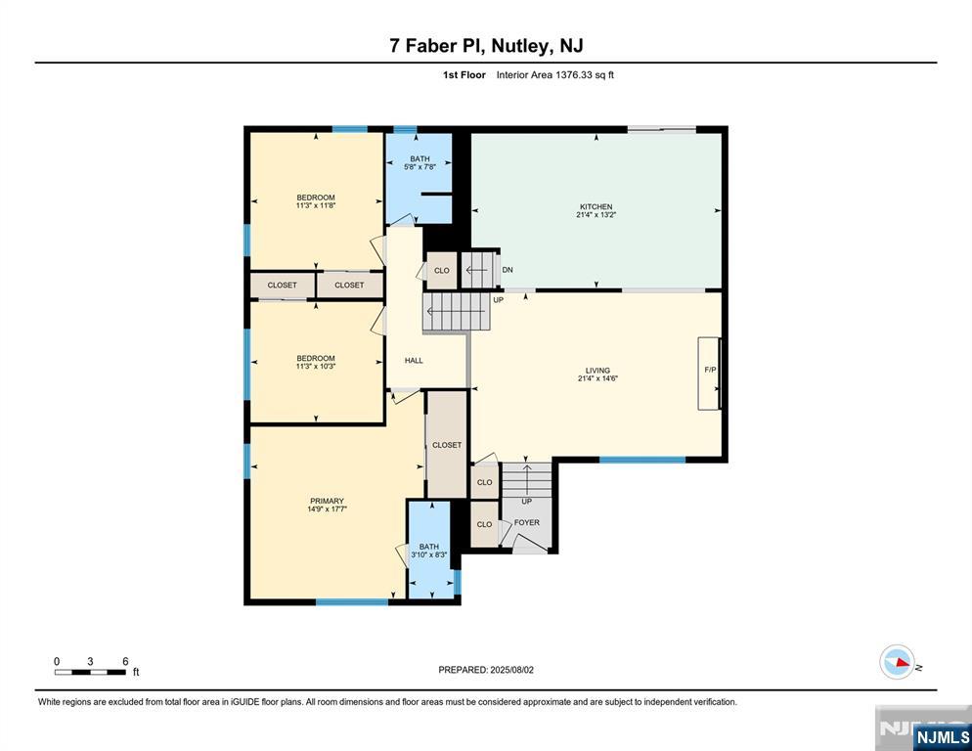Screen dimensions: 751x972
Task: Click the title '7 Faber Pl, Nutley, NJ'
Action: [x=486, y=45]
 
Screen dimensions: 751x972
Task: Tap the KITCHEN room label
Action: [x=596, y=207]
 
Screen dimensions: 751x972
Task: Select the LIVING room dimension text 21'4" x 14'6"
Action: [x=597, y=378]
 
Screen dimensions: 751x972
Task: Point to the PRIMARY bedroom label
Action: [x=327, y=502]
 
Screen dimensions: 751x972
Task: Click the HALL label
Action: [x=414, y=361]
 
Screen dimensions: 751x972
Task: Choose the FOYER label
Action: [x=527, y=523]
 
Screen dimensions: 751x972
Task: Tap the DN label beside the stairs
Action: [x=508, y=270]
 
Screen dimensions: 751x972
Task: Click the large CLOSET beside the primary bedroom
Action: [x=447, y=445]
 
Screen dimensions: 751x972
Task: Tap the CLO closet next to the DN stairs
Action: [x=442, y=271]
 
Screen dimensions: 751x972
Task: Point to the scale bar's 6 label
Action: [x=125, y=661]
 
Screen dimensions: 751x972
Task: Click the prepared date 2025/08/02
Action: [x=514, y=670]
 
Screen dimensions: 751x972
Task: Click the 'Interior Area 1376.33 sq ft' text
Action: [x=555, y=74]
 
